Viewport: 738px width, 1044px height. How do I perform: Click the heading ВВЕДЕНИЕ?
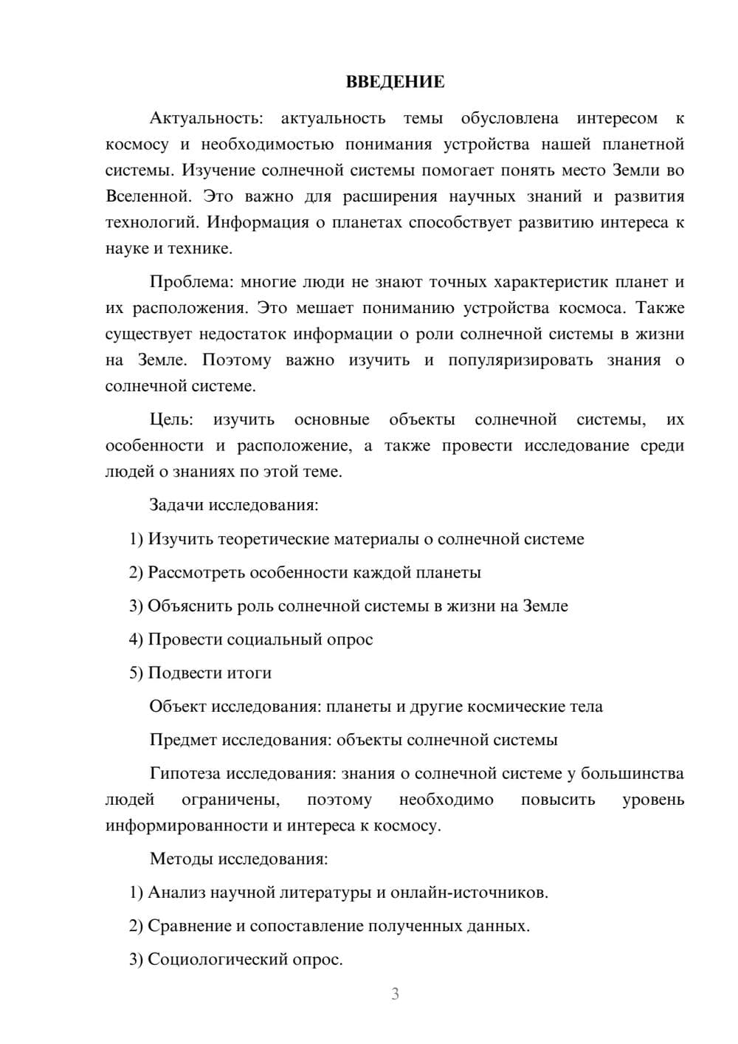click(395, 82)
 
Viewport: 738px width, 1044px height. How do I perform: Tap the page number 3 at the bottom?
click(395, 994)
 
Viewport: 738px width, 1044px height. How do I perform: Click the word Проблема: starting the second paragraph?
click(190, 282)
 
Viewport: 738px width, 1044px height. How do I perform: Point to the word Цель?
click(171, 419)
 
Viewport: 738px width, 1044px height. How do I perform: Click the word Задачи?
click(176, 505)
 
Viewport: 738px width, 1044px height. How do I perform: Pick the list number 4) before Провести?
click(136, 639)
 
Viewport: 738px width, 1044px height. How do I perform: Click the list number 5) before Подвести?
click(136, 673)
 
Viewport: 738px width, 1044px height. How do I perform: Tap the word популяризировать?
click(520, 360)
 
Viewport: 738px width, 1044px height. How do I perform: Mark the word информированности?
click(186, 825)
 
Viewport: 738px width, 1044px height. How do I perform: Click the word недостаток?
click(247, 334)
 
